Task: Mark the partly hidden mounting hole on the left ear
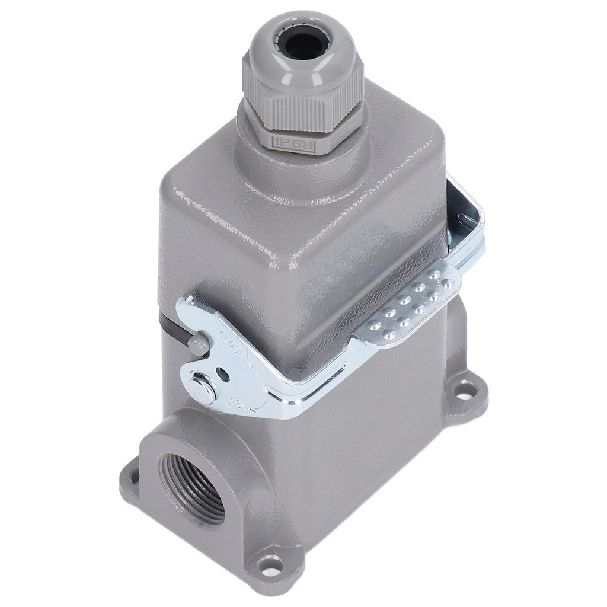tap(133, 474)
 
